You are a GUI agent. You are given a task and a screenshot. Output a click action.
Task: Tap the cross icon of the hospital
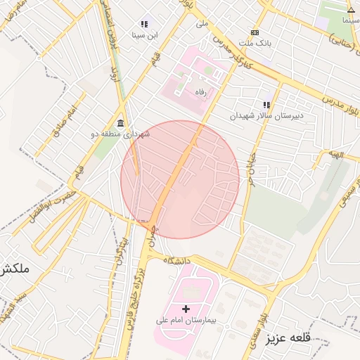pos(186,309)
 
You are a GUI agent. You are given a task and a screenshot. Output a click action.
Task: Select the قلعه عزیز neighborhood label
pos(288,339)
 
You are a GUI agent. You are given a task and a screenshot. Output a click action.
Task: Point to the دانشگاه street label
pos(179,260)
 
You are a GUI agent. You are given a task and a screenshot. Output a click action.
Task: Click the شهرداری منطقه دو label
pos(120,134)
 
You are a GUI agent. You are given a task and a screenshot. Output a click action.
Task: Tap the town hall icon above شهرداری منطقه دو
pos(120,123)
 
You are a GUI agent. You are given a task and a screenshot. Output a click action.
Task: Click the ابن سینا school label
pos(144,34)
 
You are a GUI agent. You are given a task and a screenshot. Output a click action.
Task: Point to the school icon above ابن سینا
pos(144,24)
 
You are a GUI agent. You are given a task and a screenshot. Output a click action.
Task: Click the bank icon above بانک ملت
pos(255,32)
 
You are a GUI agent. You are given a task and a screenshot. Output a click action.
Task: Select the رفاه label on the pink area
pos(201,91)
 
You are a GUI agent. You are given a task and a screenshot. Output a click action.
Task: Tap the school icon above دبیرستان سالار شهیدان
pos(266,104)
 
